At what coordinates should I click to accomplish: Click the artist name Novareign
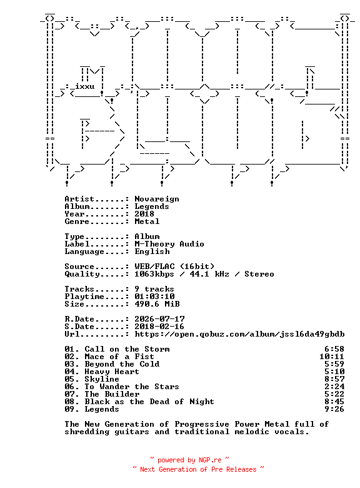[x=157, y=199]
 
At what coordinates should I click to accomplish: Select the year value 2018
[x=144, y=214]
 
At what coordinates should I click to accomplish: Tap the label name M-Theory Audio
[x=169, y=244]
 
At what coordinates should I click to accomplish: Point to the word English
[x=152, y=252]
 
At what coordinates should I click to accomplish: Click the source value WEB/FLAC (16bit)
[x=174, y=267]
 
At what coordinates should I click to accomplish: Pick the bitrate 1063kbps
[x=154, y=274]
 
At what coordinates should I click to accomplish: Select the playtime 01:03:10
[x=154, y=297]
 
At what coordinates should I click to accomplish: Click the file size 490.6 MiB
[x=157, y=304]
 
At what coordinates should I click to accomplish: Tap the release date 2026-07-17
[x=159, y=319]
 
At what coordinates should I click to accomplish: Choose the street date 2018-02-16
[x=159, y=327]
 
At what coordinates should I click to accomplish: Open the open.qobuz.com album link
[x=239, y=334]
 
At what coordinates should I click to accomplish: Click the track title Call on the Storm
[x=127, y=349]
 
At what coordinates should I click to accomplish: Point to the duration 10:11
[x=332, y=357]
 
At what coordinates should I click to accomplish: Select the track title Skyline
[x=102, y=379]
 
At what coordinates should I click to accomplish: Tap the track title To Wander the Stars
[x=132, y=387]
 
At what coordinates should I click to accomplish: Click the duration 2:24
[x=334, y=387]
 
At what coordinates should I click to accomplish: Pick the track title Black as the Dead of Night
[x=149, y=402]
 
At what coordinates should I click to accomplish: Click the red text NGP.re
[x=210, y=460]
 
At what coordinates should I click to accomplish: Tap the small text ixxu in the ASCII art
[x=84, y=86]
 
